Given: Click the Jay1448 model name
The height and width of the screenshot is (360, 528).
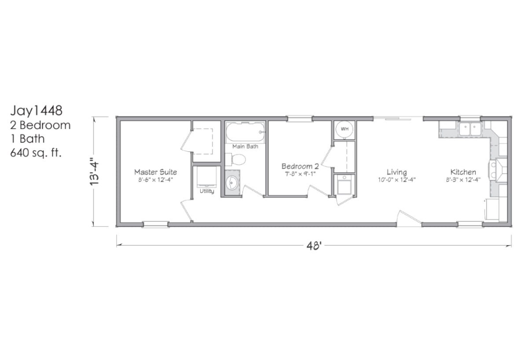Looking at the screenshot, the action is (x=36, y=111).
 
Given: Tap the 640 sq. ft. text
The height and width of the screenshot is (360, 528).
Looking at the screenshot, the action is (x=36, y=153).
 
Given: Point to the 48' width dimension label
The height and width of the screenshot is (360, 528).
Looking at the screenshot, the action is (x=314, y=246).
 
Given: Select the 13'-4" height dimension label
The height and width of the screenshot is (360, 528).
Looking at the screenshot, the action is (x=95, y=171).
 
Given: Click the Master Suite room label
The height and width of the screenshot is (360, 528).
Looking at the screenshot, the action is (x=156, y=172).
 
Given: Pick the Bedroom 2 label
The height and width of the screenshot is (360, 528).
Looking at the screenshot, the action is (x=300, y=166).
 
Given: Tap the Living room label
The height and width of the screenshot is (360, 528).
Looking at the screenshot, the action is (x=397, y=173).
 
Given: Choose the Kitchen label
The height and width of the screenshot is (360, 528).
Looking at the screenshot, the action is (x=463, y=172).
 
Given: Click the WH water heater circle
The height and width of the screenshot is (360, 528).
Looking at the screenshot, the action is (x=345, y=129).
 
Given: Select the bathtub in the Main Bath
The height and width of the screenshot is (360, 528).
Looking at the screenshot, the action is (x=245, y=132).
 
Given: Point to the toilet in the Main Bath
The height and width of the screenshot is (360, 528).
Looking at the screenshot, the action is (x=235, y=160).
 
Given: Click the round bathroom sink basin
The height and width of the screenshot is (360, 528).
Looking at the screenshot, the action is (x=232, y=183).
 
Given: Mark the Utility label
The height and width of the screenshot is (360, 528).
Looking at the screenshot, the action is (x=207, y=191).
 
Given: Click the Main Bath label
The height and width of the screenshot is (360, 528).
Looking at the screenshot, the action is (x=245, y=147).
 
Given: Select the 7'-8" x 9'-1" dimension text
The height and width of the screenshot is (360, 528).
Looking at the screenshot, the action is (x=300, y=174).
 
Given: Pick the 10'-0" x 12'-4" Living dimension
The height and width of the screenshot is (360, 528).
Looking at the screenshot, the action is (x=397, y=180).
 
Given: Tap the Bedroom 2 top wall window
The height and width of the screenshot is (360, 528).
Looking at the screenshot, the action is (x=300, y=118).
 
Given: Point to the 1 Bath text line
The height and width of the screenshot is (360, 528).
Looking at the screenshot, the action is (x=27, y=139).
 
